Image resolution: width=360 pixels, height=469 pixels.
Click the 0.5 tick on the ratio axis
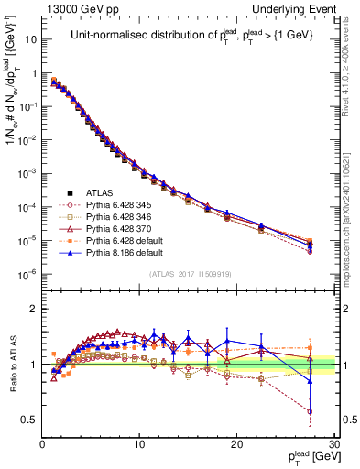tap(29, 420)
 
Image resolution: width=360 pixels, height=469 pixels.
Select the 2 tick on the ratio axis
tap(33, 308)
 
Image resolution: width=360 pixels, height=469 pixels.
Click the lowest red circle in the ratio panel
tap(310, 411)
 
